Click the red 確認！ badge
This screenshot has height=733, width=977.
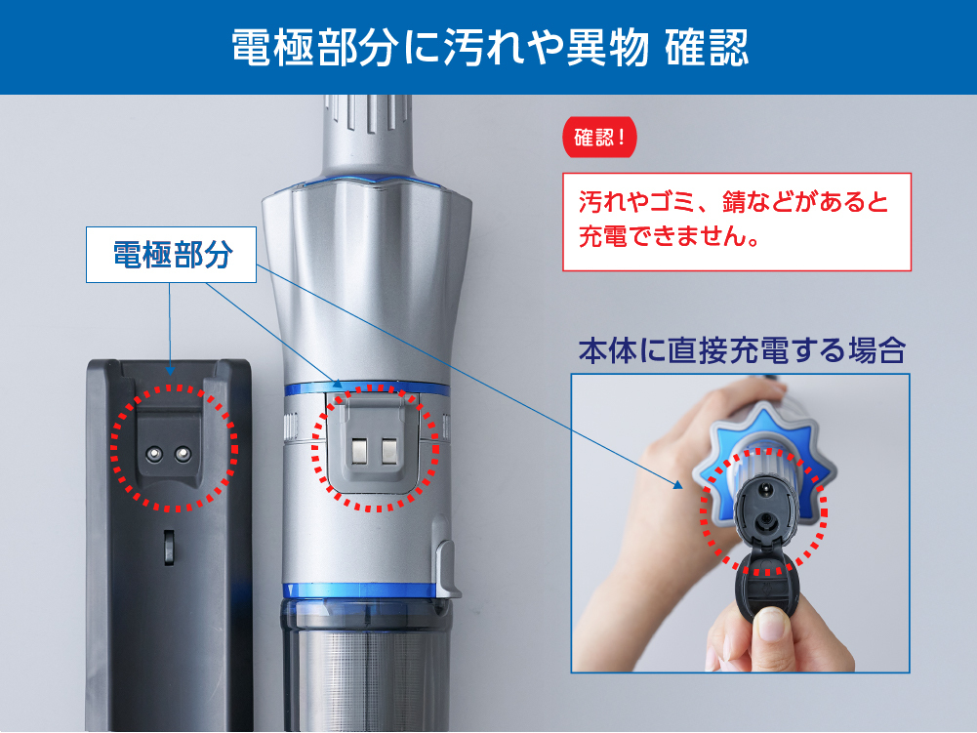point(599,137)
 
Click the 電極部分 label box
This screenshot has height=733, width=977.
point(172,255)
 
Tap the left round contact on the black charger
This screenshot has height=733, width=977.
point(154,453)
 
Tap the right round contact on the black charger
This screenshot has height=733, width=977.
point(183,453)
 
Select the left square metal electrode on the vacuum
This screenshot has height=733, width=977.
point(361,451)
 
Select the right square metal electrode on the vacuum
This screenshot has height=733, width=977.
point(389,451)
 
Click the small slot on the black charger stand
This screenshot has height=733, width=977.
point(169,548)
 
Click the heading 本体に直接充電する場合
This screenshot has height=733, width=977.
point(742,350)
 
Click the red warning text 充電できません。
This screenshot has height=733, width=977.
point(669,236)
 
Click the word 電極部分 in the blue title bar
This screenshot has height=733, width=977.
point(314,48)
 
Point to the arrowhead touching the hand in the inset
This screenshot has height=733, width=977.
point(677,484)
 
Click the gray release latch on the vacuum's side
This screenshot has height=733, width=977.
point(447,568)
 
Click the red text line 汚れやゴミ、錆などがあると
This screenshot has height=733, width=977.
point(733,202)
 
